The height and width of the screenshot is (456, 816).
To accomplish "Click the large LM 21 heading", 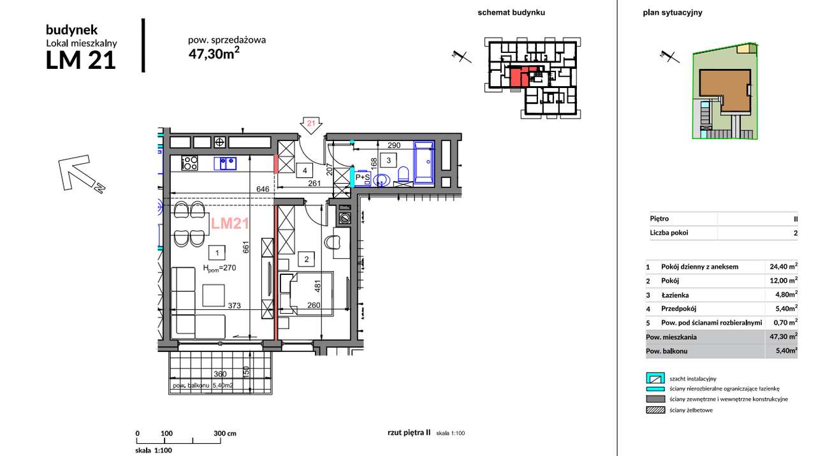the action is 81,60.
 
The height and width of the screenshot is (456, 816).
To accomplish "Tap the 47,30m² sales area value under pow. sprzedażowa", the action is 214,53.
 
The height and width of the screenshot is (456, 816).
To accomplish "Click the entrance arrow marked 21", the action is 310,126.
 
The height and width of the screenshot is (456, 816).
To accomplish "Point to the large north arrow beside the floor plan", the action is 81,174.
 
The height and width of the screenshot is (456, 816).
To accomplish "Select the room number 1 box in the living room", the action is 217,253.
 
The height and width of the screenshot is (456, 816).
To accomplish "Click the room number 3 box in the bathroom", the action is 388,160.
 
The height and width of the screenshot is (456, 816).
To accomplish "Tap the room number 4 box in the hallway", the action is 305,170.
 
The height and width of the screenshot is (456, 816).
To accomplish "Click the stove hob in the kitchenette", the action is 190,163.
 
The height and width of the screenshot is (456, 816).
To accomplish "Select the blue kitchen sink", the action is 225,163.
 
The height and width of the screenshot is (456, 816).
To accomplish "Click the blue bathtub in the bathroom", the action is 424,162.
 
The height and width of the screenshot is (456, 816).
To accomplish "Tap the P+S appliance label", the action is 362,177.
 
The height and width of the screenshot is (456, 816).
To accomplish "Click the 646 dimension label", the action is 263,189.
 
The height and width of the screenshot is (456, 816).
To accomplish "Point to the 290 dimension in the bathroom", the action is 394,145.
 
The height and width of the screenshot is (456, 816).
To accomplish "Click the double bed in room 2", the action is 307,293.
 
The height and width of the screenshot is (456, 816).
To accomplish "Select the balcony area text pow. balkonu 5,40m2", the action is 203,385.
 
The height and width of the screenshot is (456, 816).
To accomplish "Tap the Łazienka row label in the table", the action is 675,295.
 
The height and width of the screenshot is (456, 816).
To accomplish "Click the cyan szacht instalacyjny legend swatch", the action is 655,378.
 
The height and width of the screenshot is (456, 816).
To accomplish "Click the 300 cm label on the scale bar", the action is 225,434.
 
